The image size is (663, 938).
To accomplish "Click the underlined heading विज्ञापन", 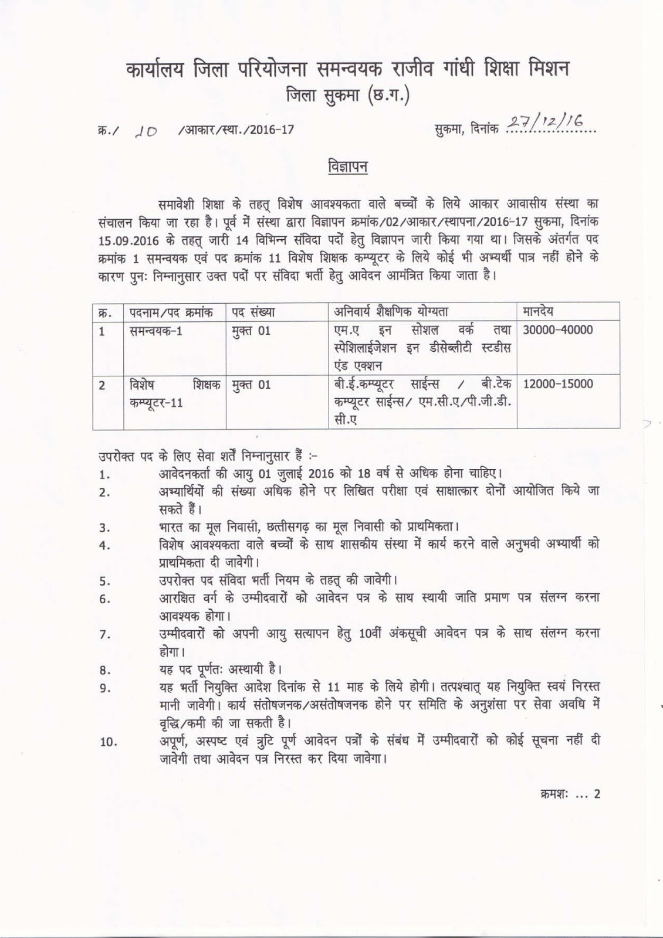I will (347, 166).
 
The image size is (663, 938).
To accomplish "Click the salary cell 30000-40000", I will (557, 330).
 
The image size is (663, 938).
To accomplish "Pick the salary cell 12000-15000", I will (557, 385).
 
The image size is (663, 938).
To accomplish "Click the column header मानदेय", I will (537, 311).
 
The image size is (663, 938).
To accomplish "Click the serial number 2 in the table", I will (102, 385).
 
